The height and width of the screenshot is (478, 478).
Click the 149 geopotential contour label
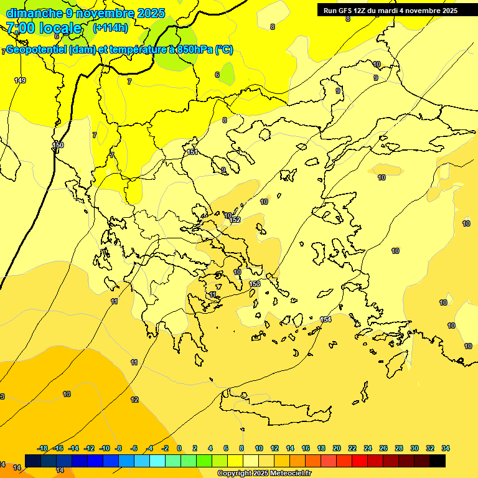tap(20, 80)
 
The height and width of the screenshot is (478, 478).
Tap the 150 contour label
tap(58, 145)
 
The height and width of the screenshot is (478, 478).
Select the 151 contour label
tap(192, 152)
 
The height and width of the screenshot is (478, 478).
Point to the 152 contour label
tap(235, 220)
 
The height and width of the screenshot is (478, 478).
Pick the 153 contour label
tap(255, 284)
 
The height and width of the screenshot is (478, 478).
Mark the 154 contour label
tap(326, 319)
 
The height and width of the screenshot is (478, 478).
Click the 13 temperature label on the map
tap(67, 394)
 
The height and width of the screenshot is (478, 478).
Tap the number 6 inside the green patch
tap(217, 75)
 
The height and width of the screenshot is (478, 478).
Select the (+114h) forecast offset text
tap(110, 28)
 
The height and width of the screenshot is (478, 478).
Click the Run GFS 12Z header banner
tap(390, 10)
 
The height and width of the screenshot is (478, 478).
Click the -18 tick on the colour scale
tap(43, 448)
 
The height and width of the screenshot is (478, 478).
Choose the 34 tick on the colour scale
tap(446, 448)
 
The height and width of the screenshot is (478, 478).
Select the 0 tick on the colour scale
tap(179, 448)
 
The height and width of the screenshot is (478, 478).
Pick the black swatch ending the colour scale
tap(438, 461)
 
